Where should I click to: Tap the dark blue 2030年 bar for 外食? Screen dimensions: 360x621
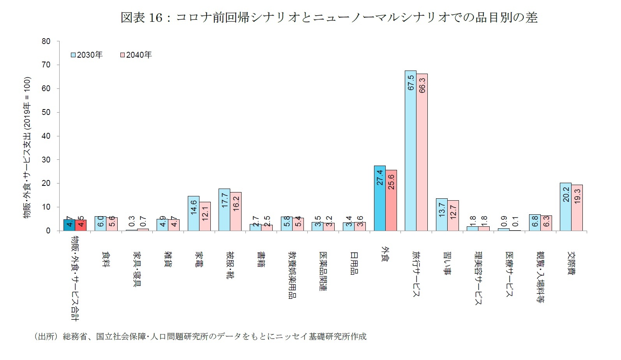[x=379, y=198]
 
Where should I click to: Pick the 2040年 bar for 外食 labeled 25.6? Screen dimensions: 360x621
[x=391, y=200]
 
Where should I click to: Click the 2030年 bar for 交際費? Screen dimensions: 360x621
[x=565, y=207]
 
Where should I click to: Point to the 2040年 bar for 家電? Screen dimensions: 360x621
[x=205, y=216]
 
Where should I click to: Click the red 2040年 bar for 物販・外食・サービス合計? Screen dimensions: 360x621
[x=81, y=225]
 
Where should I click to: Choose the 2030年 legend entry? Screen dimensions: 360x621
[x=86, y=55]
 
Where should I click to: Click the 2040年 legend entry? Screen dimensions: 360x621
[x=136, y=55]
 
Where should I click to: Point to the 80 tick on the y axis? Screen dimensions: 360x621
[x=46, y=41]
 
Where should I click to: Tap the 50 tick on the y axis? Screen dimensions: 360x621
[x=46, y=112]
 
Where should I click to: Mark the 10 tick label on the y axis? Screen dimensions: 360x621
[x=46, y=207]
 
